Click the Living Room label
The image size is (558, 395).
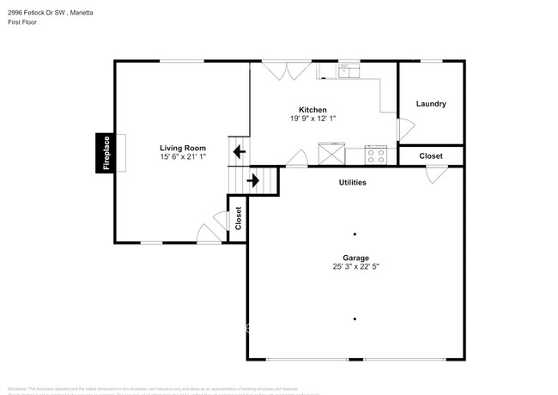[182, 147]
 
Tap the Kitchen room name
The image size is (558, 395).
[312, 109]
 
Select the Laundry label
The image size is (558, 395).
[431, 104]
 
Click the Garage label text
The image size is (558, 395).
[355, 258]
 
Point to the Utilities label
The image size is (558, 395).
[352, 182]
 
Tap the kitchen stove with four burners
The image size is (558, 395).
[376, 155]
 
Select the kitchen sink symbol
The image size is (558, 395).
[349, 71]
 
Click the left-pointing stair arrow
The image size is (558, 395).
[237, 153]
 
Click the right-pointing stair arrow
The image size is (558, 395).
[253, 180]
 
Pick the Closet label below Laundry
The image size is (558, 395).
[431, 156]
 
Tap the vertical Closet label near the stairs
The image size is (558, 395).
[238, 218]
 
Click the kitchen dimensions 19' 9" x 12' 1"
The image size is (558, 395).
[312, 118]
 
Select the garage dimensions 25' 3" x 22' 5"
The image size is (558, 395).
[355, 267]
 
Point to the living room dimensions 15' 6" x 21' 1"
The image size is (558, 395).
[182, 156]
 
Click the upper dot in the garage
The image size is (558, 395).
[355, 234]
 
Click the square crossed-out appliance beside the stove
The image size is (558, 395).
[331, 155]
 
